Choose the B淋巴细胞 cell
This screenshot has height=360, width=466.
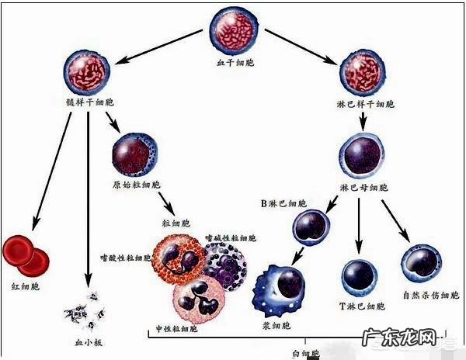pyautogui.click(x=312, y=227)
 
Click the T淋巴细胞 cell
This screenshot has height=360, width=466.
pyautogui.click(x=360, y=276)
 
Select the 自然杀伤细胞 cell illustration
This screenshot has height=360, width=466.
pyautogui.click(x=421, y=264)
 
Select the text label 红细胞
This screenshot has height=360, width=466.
pyautogui.click(x=23, y=286)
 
